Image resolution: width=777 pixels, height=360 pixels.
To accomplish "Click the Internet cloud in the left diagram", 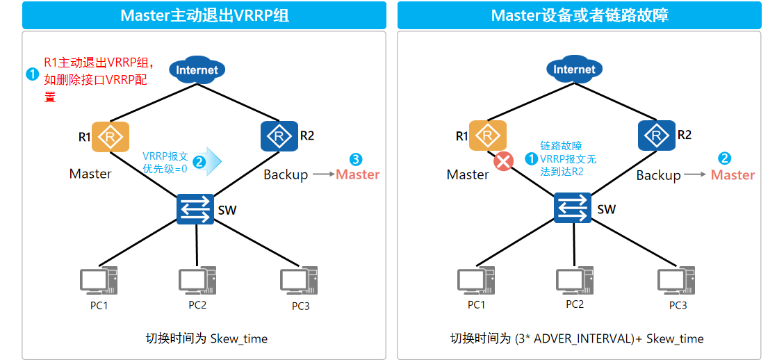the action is pyautogui.click(x=197, y=70).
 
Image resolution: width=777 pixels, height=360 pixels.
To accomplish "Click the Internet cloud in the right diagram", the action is pyautogui.click(x=574, y=69).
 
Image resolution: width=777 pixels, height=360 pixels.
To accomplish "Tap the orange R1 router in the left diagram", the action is pyautogui.click(x=110, y=136).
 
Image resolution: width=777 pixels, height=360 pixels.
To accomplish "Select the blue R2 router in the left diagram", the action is pyautogui.click(x=279, y=136).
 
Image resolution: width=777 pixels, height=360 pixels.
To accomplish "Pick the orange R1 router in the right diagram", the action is pyautogui.click(x=488, y=136).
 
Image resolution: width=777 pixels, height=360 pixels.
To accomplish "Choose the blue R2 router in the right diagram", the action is pyautogui.click(x=657, y=136).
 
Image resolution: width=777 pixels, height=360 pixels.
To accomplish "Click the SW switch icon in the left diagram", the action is pyautogui.click(x=195, y=208).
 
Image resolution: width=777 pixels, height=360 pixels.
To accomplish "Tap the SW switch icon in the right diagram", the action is pyautogui.click(x=573, y=208).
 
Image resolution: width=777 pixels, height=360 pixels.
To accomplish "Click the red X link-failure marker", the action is pyautogui.click(x=503, y=162).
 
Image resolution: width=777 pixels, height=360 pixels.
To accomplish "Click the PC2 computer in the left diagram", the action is pyautogui.click(x=197, y=281).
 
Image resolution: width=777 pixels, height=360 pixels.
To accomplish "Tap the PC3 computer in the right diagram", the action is pyautogui.click(x=676, y=281).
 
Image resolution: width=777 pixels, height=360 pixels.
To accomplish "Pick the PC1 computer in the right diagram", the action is pyautogui.click(x=475, y=281).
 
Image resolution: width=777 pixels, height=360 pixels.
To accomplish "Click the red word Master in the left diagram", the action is pyautogui.click(x=358, y=174).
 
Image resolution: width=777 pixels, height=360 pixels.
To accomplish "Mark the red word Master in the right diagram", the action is pyautogui.click(x=733, y=175).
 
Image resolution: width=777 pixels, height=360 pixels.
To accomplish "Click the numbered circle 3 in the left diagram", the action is pyautogui.click(x=356, y=159).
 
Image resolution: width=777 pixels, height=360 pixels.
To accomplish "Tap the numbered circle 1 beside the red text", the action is pyautogui.click(x=32, y=75).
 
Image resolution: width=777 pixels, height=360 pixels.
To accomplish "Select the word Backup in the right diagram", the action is pyautogui.click(x=658, y=176).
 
